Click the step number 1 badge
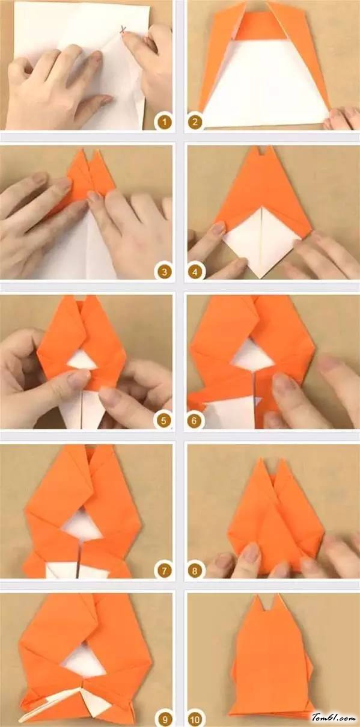[x=165, y=122]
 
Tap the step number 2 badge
[x=195, y=122]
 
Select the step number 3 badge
[x=164, y=271]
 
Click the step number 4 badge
[x=195, y=271]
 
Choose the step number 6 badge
[x=194, y=420]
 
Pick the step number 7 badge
[x=164, y=570]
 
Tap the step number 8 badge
[x=195, y=570]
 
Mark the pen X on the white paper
[x=123, y=29]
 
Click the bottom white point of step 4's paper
[x=260, y=278]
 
